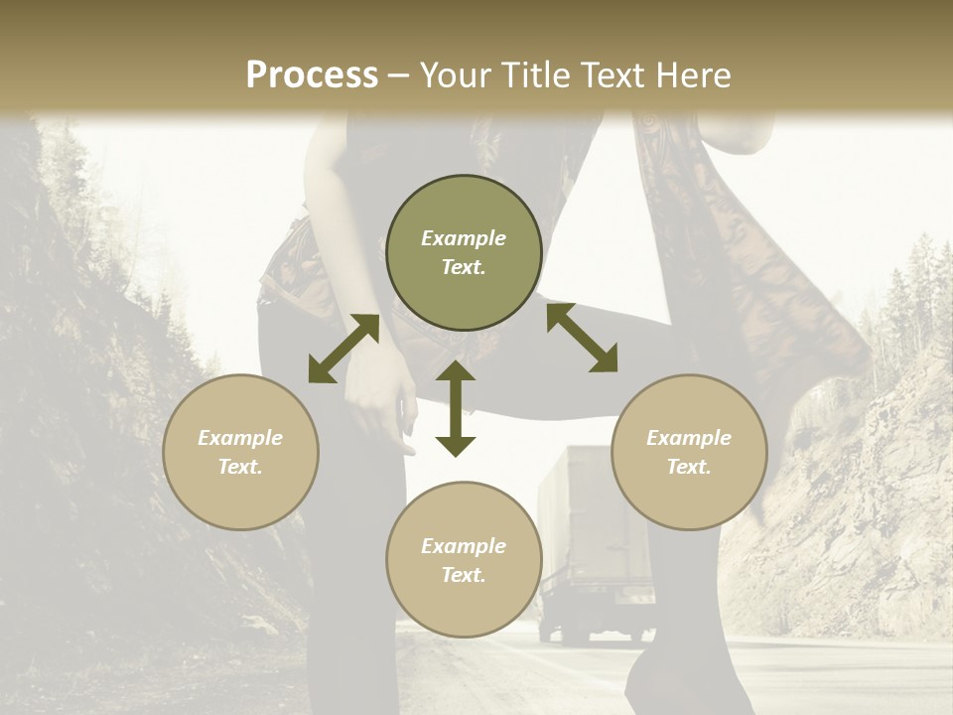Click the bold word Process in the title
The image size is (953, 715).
pos(312,75)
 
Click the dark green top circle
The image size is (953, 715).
pos(464,252)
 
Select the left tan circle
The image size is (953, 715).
pos(240,452)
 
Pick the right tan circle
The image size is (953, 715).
pos(689,452)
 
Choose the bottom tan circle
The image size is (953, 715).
pos(464,559)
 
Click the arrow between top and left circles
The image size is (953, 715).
pos(343,349)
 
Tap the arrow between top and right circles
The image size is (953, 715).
pos(582,338)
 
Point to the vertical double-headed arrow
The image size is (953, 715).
pos(456,408)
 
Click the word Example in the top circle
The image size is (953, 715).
pos(464,238)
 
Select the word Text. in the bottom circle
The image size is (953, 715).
pos(464,575)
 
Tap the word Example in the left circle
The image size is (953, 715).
pos(240,438)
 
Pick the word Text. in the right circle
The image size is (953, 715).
pos(689,467)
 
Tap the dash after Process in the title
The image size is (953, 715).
pos(398,75)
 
